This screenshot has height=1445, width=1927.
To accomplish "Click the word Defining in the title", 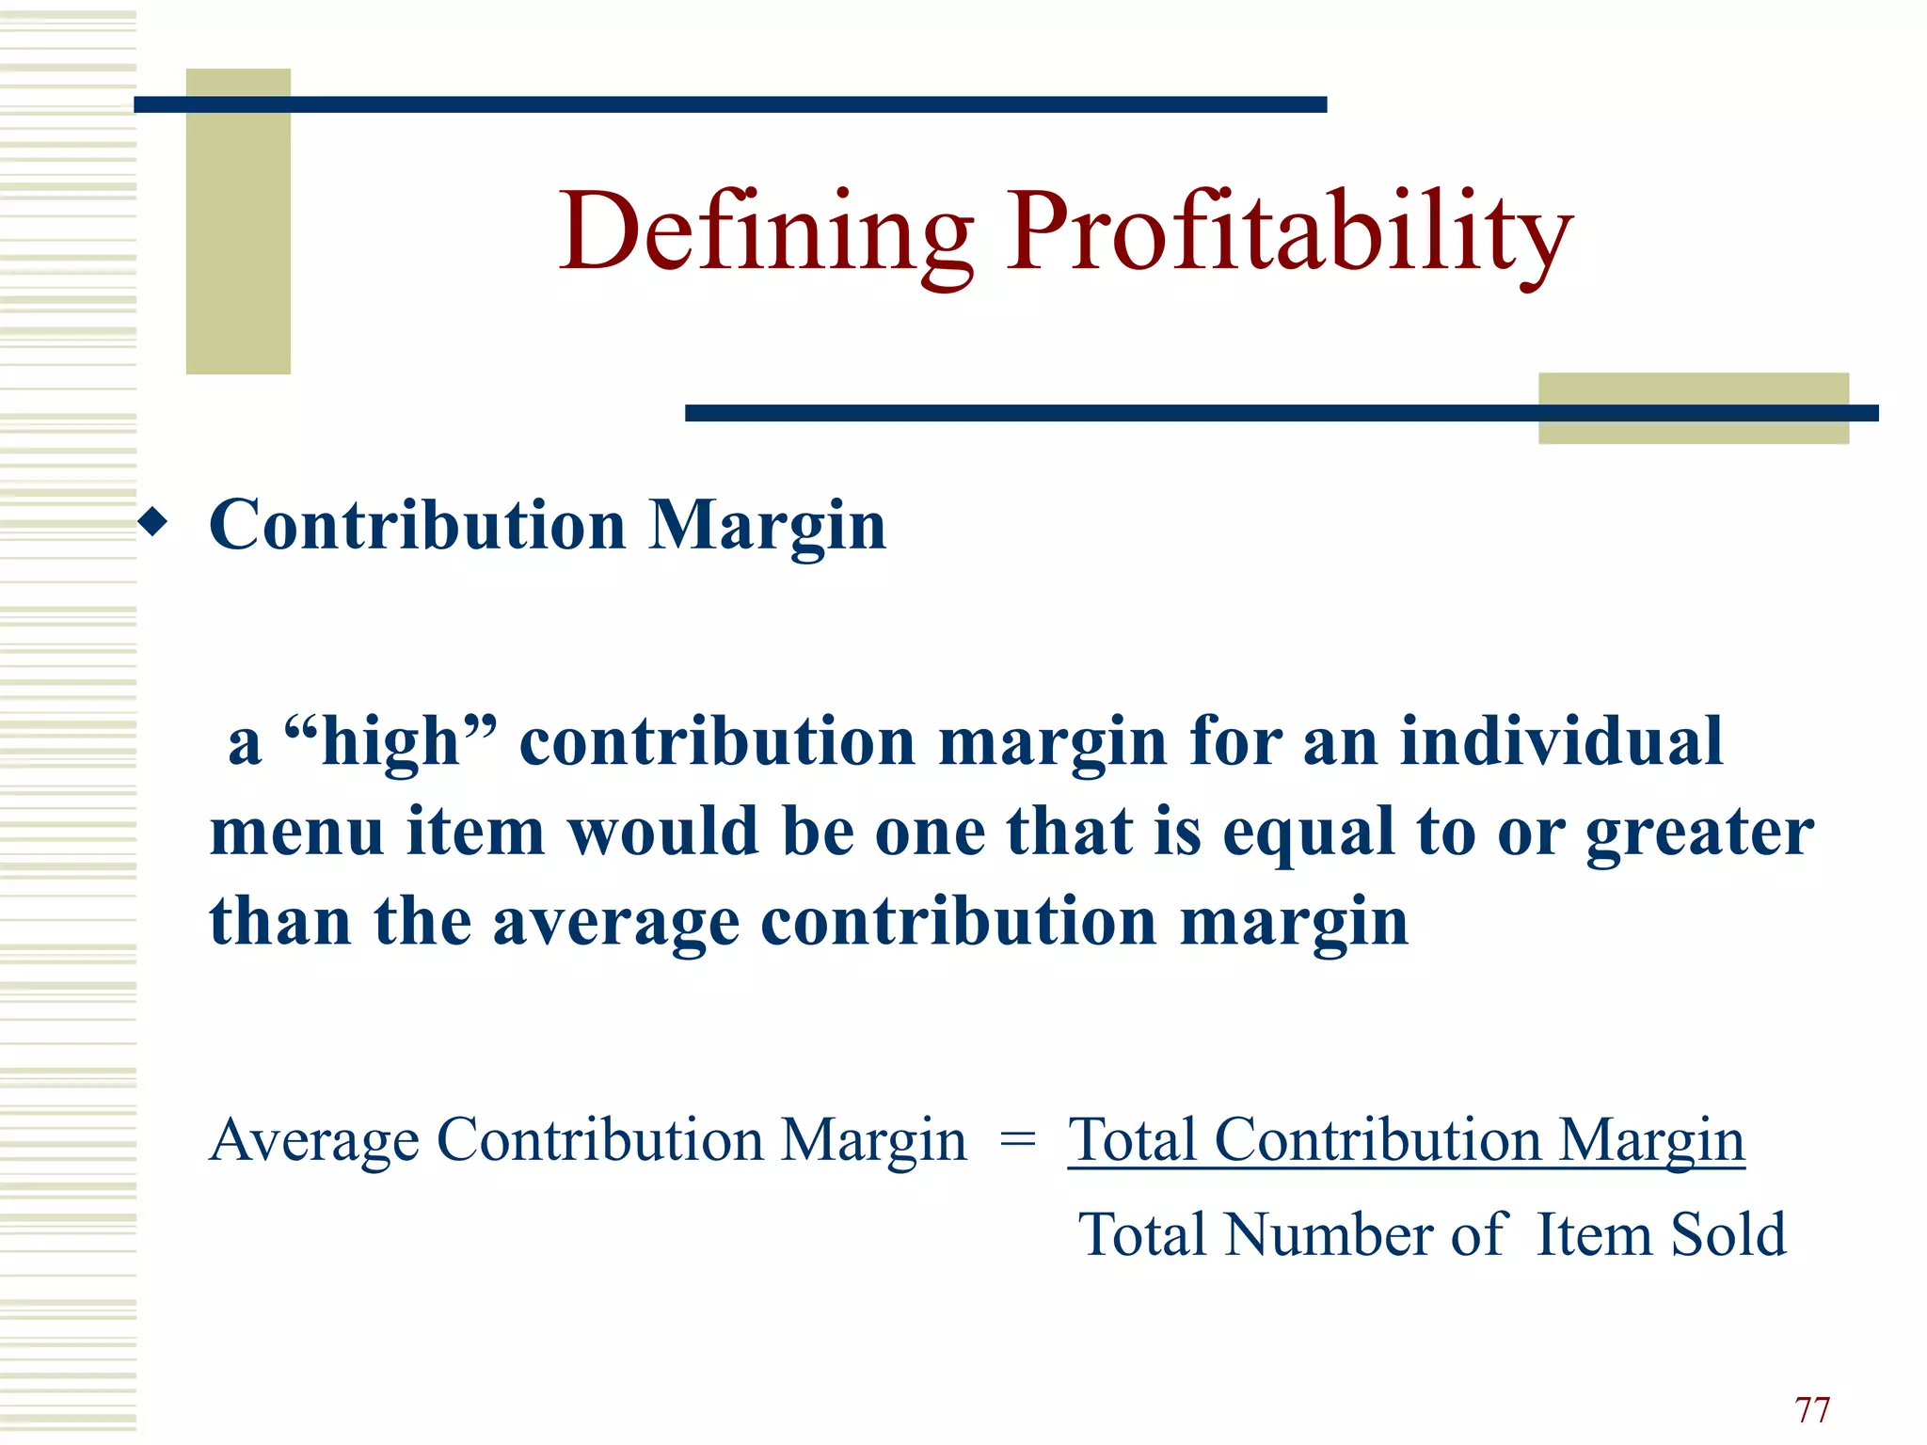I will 767,231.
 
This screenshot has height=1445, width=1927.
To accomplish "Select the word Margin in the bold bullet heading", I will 767,526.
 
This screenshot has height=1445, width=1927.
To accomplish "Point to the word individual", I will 1561,741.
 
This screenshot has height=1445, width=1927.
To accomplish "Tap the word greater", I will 1699,834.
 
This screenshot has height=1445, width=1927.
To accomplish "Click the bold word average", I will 616,923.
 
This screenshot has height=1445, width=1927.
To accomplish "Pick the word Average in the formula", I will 314,1141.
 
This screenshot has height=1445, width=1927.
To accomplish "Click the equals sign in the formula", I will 1017,1140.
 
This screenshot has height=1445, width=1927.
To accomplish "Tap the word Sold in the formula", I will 1728,1234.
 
